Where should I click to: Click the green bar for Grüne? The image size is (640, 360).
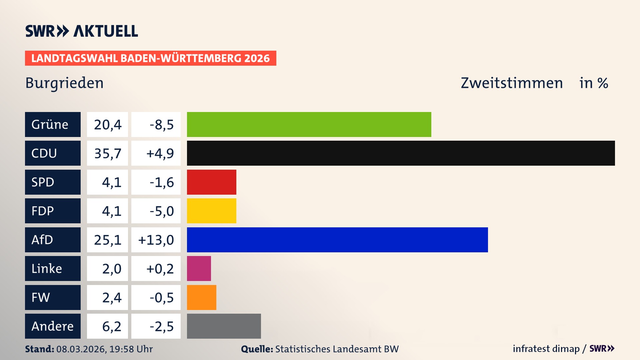point(309,124)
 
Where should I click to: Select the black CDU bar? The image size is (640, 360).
point(401,153)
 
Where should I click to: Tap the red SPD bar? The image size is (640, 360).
point(211,182)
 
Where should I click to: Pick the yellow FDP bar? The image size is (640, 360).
point(211,211)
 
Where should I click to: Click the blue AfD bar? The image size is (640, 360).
point(337,240)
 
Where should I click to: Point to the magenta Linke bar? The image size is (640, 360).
point(199,268)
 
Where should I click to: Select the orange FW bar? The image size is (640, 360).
point(201,297)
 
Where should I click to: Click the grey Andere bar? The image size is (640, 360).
point(224,326)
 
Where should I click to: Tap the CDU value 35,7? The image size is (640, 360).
point(108,153)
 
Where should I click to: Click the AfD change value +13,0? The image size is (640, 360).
point(156,240)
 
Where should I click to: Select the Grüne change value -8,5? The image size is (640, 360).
point(161,125)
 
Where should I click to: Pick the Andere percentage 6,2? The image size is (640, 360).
point(112,326)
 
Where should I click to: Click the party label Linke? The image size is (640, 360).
point(47,269)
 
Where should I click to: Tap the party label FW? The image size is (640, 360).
point(41,297)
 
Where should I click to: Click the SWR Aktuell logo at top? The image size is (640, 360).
point(82,31)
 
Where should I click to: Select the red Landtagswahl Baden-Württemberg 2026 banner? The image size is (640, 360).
point(150,58)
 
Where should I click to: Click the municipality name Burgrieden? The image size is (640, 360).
point(64,83)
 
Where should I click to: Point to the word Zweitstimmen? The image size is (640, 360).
point(512,83)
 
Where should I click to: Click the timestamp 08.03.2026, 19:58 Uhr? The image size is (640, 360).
point(104,349)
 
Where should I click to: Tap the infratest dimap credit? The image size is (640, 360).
point(546,349)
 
